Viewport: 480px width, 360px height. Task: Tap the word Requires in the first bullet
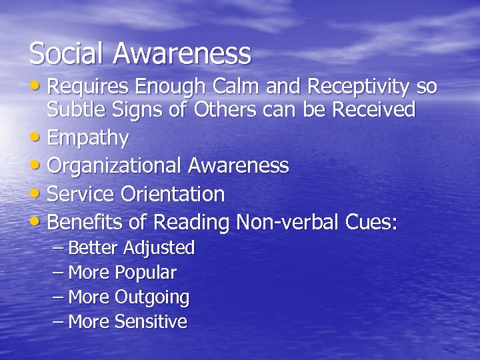(x=89, y=88)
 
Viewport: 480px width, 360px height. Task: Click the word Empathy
(x=89, y=139)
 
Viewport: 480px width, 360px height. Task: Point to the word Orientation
(x=173, y=195)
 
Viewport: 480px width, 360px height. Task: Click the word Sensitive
(x=151, y=322)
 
